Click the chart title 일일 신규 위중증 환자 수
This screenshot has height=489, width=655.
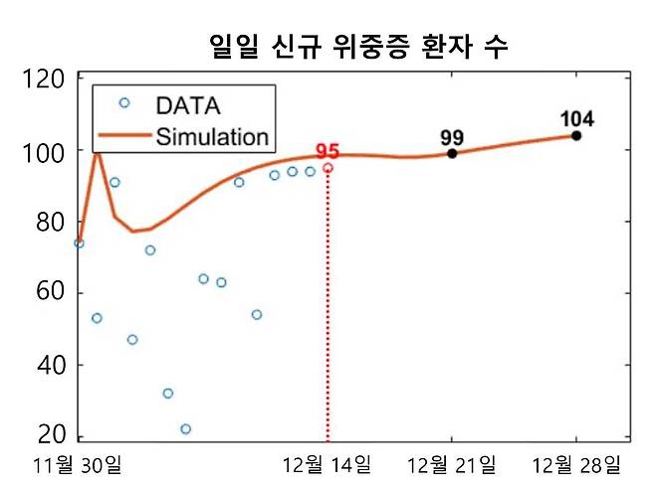click(360, 45)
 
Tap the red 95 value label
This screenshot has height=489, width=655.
click(327, 152)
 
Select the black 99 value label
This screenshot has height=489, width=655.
click(452, 137)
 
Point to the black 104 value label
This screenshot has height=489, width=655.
click(575, 119)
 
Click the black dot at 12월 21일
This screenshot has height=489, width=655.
click(452, 154)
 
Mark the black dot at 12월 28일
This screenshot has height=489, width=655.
click(575, 135)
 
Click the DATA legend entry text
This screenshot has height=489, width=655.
click(187, 104)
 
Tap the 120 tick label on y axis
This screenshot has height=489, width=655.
click(44, 80)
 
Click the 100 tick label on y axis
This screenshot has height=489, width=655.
click(44, 151)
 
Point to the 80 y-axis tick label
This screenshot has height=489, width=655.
click(50, 223)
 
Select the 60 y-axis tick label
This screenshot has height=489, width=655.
click(50, 294)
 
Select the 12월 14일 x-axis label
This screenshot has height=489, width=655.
click(327, 465)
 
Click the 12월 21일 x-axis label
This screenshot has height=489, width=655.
click(452, 465)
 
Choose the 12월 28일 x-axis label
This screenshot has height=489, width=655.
click(575, 465)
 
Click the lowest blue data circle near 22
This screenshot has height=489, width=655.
click(185, 429)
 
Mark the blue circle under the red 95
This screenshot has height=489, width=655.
click(327, 168)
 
